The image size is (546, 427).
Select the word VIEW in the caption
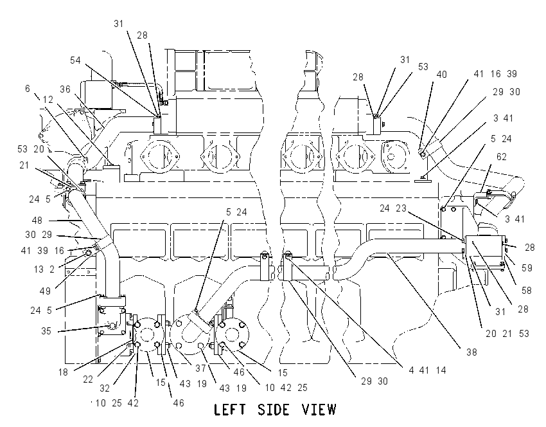click(319, 410)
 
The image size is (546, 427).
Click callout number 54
click(75, 60)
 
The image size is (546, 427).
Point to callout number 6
click(28, 89)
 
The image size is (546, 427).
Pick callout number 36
click(65, 89)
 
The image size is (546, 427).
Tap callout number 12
click(48, 100)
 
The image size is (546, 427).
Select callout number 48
click(37, 221)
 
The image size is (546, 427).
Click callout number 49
click(45, 291)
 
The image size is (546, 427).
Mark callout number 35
click(46, 331)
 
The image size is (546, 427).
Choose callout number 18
click(63, 372)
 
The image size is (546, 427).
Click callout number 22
click(88, 379)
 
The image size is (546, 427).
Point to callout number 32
click(105, 388)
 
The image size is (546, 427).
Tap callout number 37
click(201, 368)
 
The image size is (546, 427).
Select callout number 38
click(471, 352)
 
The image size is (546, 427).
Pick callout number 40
click(441, 74)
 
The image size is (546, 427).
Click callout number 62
click(501, 157)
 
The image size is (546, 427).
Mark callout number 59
click(527, 268)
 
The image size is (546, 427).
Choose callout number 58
click(526, 290)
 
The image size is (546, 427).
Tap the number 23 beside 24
click(401, 208)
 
